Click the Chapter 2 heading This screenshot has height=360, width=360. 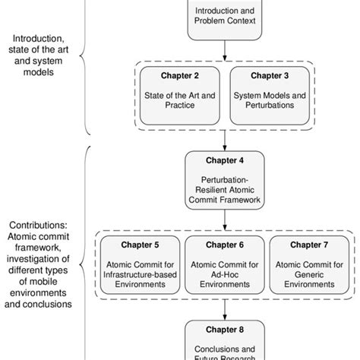(181, 75)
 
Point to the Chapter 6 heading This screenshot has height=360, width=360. (224, 245)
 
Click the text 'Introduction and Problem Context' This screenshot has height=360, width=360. (224, 17)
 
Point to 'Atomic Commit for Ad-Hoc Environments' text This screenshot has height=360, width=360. (224, 274)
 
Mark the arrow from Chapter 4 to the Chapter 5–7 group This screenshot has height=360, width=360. (224, 222)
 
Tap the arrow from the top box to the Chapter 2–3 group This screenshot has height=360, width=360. (224, 51)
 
